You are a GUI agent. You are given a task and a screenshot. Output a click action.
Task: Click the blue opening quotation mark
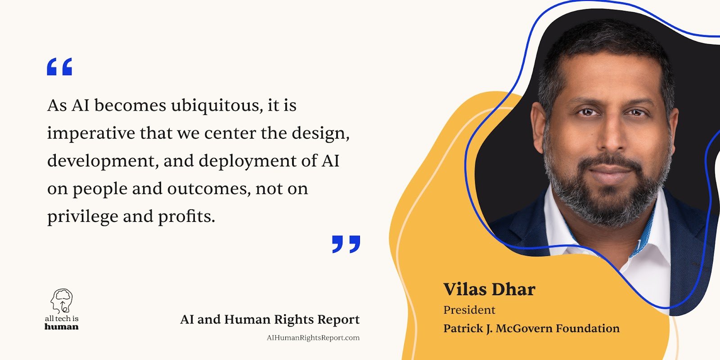click(x=59, y=67)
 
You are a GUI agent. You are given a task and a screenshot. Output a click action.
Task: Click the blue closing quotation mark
click(x=346, y=244)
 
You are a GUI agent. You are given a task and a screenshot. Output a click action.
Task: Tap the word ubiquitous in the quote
click(x=216, y=105)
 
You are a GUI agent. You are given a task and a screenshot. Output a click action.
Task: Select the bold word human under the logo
click(x=62, y=327)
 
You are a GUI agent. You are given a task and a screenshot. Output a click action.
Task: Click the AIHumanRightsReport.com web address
click(x=313, y=338)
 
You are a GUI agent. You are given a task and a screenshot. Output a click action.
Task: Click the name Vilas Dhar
click(x=489, y=289)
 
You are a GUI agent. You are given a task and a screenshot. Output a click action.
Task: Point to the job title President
click(x=469, y=310)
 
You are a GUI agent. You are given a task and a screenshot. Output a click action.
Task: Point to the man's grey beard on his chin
click(x=610, y=207)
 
